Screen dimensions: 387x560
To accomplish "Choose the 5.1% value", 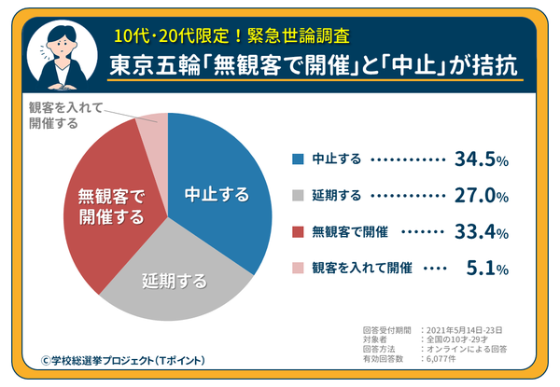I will [486, 269].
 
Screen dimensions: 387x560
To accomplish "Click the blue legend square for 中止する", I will [297, 160].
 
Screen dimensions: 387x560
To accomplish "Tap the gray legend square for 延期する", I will [297, 197].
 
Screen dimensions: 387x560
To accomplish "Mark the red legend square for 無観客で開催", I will [297, 232].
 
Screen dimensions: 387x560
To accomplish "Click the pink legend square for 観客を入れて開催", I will [297, 269].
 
